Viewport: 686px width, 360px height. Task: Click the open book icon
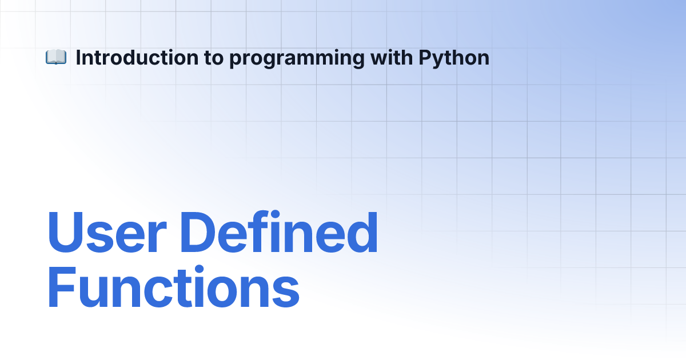(56, 57)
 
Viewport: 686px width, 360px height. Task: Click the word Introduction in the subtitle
(137, 58)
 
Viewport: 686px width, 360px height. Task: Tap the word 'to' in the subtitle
(214, 58)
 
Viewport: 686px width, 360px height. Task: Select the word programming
(297, 59)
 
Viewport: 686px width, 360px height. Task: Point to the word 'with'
(392, 58)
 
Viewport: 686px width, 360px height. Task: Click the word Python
(454, 59)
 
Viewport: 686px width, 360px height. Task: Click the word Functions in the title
(173, 287)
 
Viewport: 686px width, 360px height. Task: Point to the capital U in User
(65, 233)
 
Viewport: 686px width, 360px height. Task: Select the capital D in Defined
(198, 233)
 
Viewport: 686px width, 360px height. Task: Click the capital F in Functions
(62, 287)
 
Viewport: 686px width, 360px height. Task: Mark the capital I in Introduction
(78, 58)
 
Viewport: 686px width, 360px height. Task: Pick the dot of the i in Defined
(275, 214)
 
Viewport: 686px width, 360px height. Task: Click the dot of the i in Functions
(200, 269)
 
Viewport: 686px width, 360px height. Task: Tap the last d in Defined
(362, 233)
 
